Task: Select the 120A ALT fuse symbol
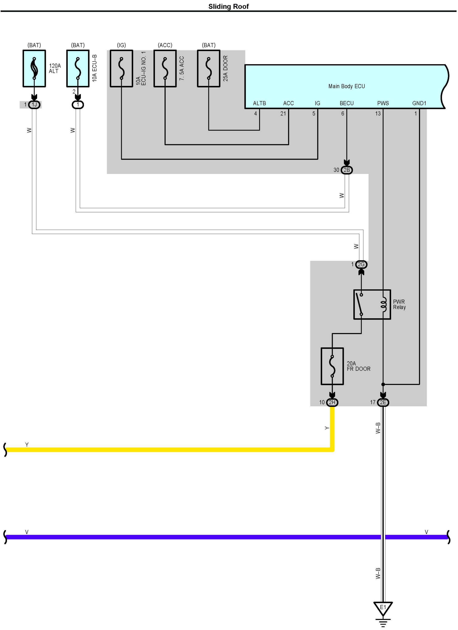pos(34,69)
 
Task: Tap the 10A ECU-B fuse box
pos(78,69)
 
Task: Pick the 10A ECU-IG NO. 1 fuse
pos(121,69)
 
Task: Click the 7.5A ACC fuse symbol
pos(165,69)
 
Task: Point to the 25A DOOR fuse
pos(209,69)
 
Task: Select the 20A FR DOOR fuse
pos(332,366)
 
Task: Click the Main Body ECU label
pos(347,86)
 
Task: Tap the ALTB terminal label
pos(259,103)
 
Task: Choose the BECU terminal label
pos(347,103)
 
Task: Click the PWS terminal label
pos(383,103)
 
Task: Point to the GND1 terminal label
pos(419,103)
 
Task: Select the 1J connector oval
pos(34,105)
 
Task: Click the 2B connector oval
pos(347,170)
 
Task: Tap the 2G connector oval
pos(361,265)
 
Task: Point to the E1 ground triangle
pos(383,608)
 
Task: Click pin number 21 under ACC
pos(283,114)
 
